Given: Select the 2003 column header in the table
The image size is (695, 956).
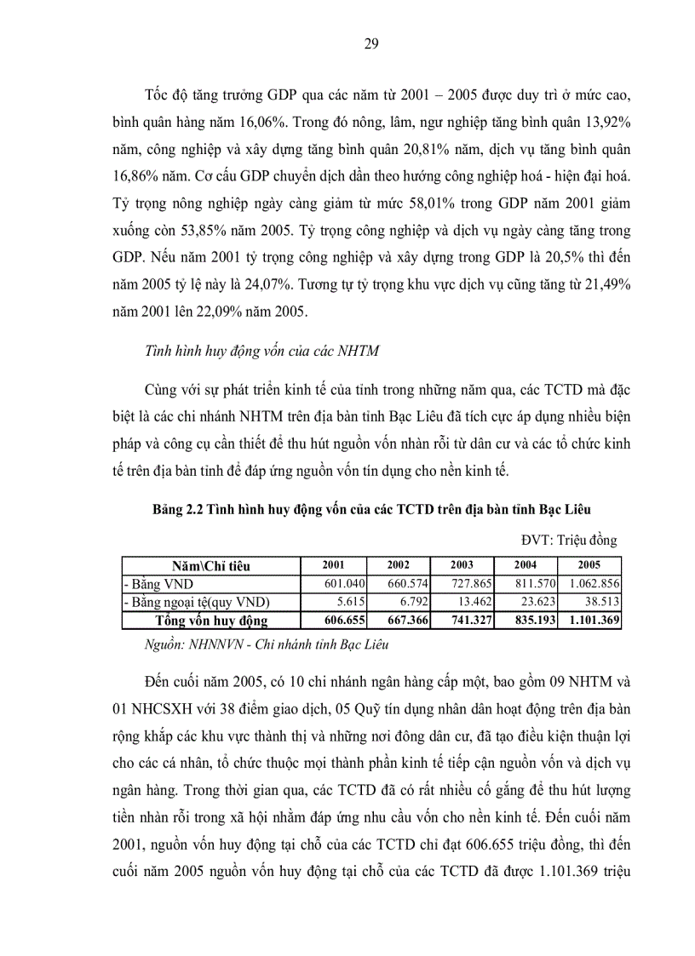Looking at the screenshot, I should (x=462, y=565).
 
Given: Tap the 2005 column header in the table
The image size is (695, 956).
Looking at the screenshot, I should (x=589, y=565).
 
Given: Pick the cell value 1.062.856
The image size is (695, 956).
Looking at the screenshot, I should (x=591, y=583).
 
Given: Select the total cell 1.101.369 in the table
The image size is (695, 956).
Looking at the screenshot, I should (x=590, y=621).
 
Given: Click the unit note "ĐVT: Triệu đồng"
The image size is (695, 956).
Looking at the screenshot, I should (x=569, y=540).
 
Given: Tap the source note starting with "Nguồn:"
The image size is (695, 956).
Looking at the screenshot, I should (x=267, y=644).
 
